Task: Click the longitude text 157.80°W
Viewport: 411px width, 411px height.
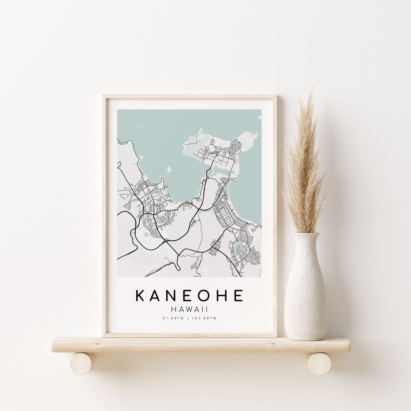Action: (204, 318)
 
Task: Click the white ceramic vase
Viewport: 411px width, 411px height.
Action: (306, 297)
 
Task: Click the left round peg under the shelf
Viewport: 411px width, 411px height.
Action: (83, 363)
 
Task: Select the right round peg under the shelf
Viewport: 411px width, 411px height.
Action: (319, 363)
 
